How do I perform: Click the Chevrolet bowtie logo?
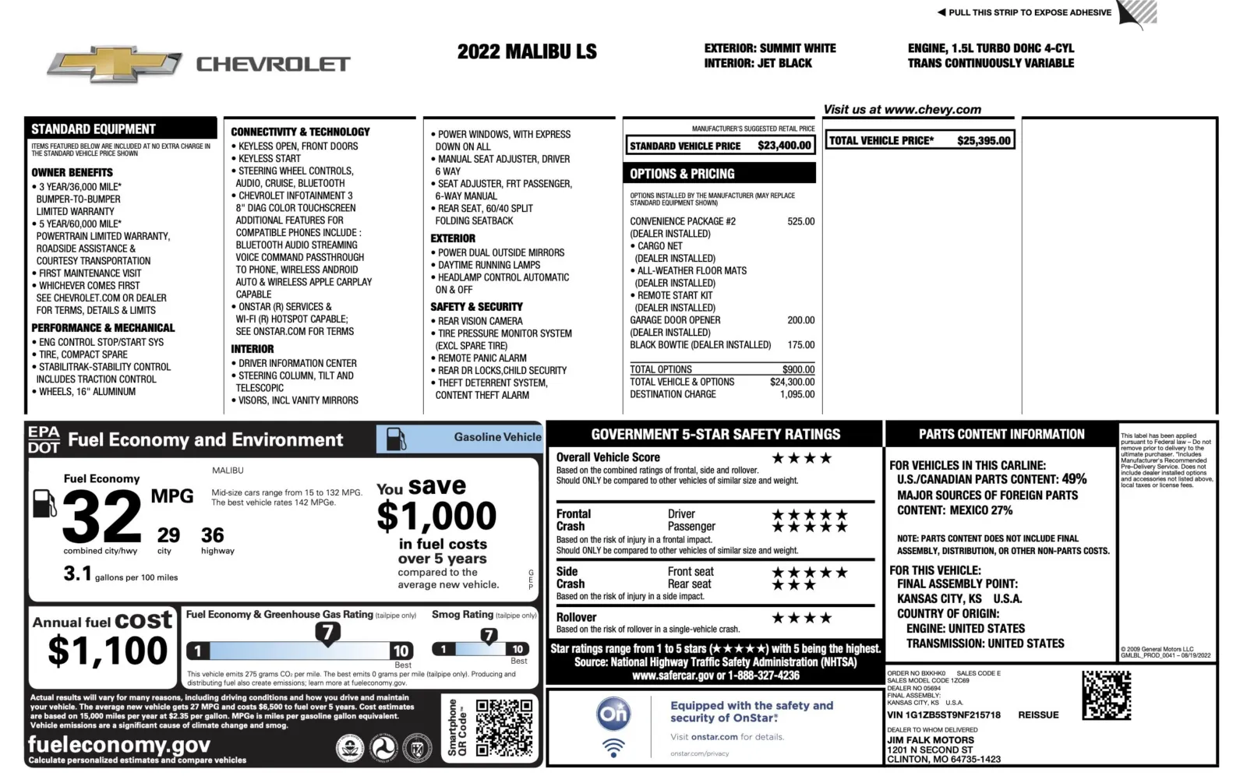tap(114, 66)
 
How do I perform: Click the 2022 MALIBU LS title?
tap(527, 52)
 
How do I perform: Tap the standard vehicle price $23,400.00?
tap(784, 146)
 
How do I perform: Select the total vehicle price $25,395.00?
tap(984, 141)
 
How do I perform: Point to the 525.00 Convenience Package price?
tap(800, 221)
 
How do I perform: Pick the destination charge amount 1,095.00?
tap(797, 394)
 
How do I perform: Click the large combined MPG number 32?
tap(101, 517)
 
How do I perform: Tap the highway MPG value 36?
tap(212, 535)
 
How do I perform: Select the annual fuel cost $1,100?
tap(108, 651)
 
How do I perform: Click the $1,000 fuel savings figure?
tap(436, 516)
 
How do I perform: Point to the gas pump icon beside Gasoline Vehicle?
tap(396, 439)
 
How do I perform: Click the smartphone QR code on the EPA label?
tap(504, 728)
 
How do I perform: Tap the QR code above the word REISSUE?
tap(1106, 694)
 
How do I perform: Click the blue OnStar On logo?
tap(613, 713)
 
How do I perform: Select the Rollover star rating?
tap(802, 618)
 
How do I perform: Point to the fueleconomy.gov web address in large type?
tap(118, 744)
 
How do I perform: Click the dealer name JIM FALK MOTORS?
tap(931, 740)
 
